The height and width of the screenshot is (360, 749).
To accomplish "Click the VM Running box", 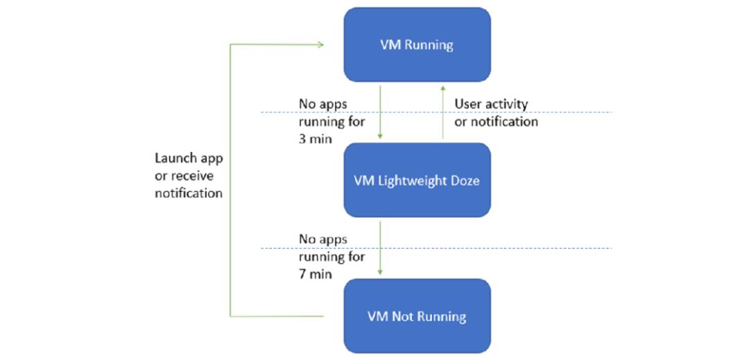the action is pos(417,45).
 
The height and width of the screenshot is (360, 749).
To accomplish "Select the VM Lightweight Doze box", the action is pos(417,180).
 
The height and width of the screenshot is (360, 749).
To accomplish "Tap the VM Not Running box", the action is pos(417,316).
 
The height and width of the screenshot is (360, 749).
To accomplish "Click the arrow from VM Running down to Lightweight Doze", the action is pos(380,112).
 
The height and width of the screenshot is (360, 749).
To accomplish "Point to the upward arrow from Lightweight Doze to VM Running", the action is pos(442,112).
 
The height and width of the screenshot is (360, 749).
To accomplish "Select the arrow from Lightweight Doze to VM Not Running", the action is pos(380,248).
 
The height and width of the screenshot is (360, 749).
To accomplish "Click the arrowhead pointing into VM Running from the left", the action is pos(321,45).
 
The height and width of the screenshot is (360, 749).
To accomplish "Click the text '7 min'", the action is pos(314,275).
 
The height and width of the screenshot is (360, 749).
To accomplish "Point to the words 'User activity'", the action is pos(491,104).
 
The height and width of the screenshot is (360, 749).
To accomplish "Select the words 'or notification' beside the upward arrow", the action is pos(497,122).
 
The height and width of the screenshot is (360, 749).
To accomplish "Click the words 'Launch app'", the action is pos(189,159).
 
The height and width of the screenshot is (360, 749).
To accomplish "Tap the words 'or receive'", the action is pos(184,176).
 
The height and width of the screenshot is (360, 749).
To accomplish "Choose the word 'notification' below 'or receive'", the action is pos(189,194).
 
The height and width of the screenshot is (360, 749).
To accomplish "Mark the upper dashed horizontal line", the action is pos(436,112).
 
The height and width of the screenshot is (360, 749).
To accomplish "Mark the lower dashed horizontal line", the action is pos(436,248).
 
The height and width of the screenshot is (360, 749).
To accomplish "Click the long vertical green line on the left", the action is pos(230,180).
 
